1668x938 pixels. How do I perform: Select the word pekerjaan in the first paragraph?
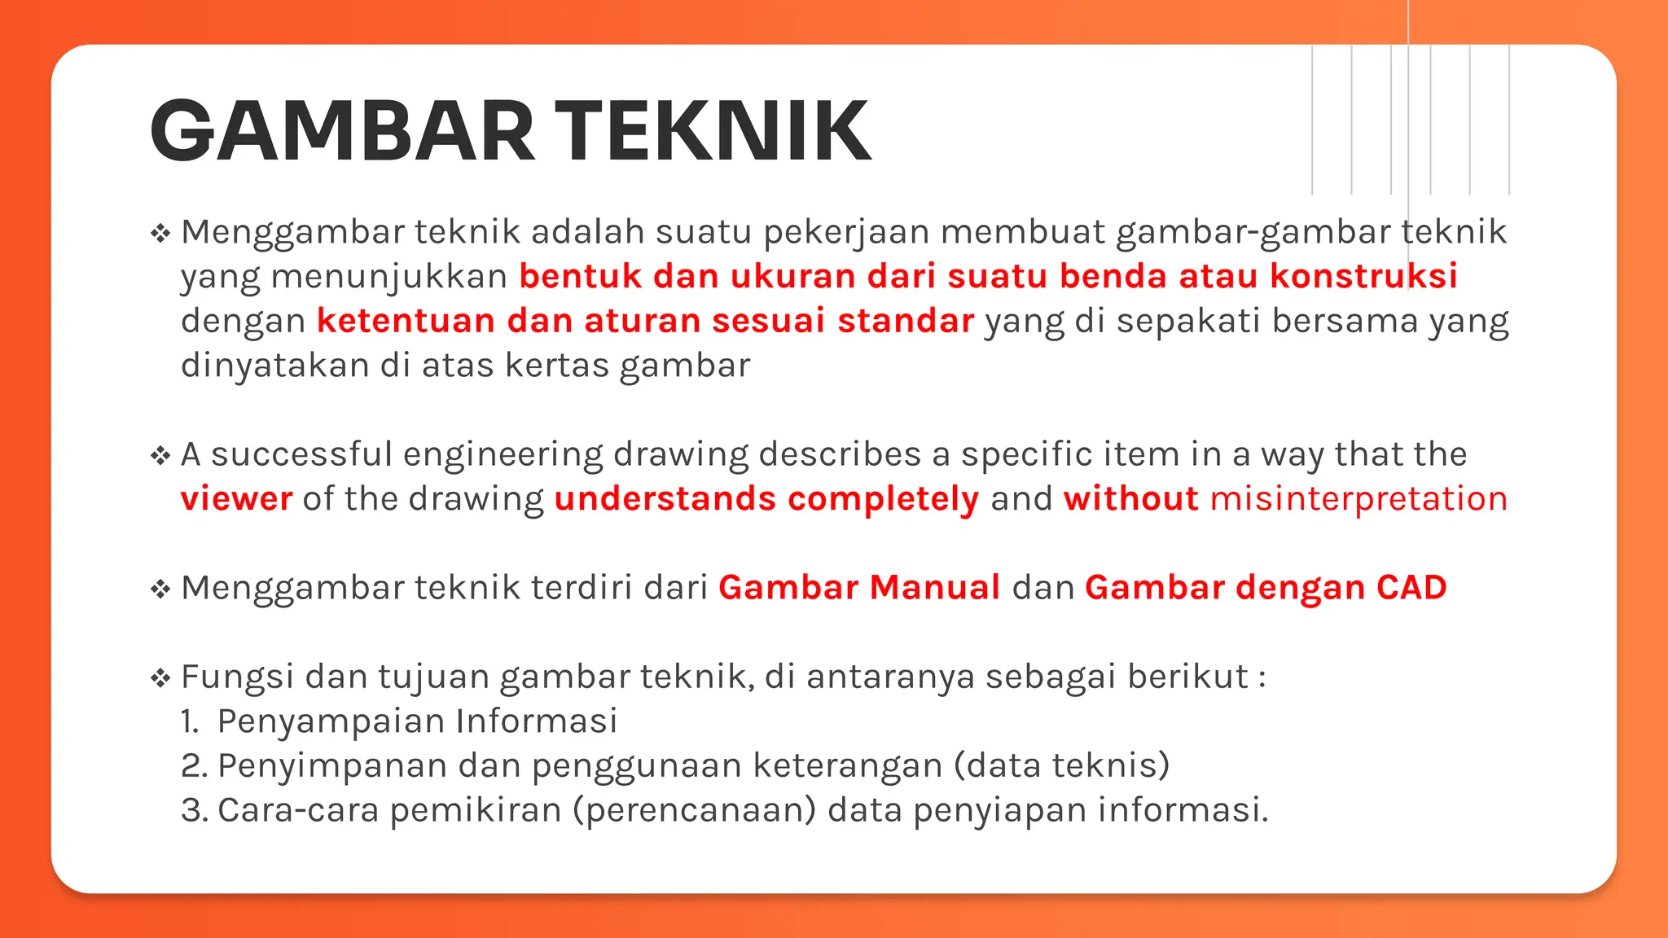[x=846, y=233]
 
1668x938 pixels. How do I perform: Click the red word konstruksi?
[x=1363, y=277]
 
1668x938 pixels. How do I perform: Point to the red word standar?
[x=906, y=321]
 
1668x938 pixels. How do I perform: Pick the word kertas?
[x=557, y=366]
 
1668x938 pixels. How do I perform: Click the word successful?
[x=301, y=454]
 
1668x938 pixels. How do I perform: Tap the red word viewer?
[x=236, y=499]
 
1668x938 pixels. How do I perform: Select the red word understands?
[x=665, y=499]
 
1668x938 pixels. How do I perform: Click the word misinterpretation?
[x=1359, y=499]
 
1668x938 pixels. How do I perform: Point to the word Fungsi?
[x=237, y=677]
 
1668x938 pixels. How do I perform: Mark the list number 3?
[x=192, y=811]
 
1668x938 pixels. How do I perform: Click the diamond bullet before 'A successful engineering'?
[x=160, y=455]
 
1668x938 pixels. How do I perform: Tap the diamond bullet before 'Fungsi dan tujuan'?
[x=160, y=677]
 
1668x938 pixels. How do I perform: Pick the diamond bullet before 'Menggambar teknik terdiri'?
[x=160, y=589]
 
